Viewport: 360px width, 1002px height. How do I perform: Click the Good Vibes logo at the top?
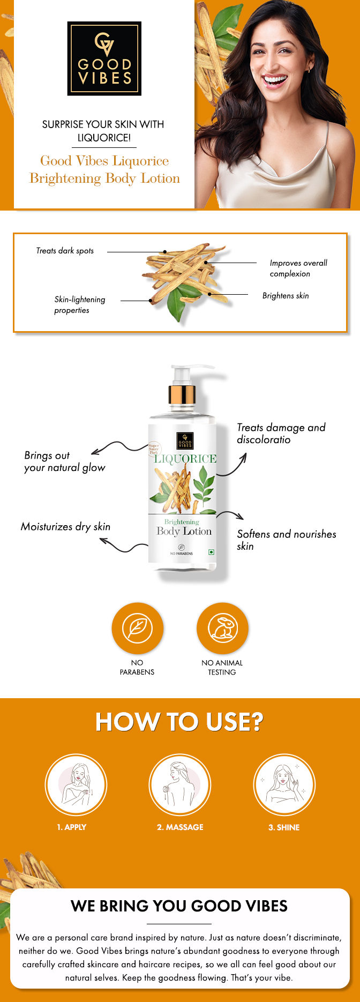[104, 58]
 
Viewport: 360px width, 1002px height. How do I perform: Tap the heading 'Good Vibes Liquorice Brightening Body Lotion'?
[104, 169]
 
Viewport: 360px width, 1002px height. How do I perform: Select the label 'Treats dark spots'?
[65, 251]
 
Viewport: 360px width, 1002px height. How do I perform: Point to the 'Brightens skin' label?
[286, 296]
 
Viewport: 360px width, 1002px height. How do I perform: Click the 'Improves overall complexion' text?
[298, 268]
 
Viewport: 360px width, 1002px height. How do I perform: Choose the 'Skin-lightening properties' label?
[79, 305]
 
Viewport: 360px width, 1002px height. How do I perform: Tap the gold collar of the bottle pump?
[182, 395]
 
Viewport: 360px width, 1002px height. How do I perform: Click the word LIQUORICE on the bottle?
[185, 459]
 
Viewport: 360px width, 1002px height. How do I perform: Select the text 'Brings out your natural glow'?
[64, 461]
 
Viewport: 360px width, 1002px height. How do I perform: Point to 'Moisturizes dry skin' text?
[65, 527]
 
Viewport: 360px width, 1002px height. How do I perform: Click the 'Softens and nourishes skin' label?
[286, 540]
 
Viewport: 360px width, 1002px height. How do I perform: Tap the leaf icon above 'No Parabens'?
[137, 628]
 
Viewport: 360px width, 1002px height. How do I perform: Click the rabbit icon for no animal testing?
[222, 628]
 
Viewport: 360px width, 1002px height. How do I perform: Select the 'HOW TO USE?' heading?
[179, 722]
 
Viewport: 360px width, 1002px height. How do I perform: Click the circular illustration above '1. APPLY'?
[76, 784]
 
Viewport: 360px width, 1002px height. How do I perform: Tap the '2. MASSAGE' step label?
[180, 827]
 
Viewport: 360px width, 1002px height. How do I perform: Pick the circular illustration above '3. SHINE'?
[284, 784]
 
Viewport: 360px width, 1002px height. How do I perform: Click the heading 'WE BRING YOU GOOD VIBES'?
[179, 906]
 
